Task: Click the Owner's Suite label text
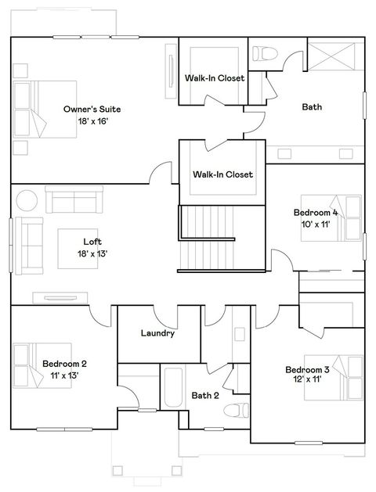[92, 110]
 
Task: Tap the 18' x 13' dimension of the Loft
[92, 253]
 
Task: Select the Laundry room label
[157, 333]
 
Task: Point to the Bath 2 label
[205, 395]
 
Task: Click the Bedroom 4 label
[315, 212]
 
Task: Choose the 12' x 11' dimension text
[306, 380]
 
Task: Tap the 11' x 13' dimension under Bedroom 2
[64, 375]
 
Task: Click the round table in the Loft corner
[27, 200]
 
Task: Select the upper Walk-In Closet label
[214, 78]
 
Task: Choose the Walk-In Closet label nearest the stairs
[222, 174]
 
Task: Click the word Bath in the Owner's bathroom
[312, 107]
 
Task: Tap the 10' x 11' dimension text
[315, 224]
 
